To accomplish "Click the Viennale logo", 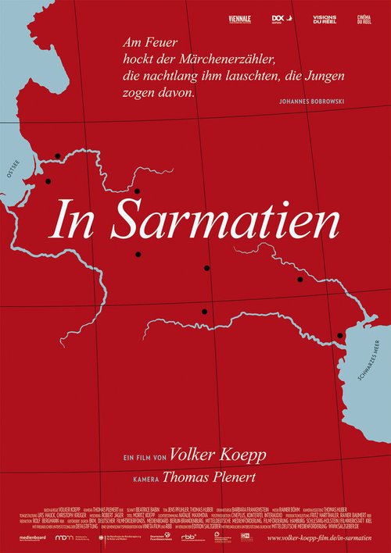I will click(x=241, y=18).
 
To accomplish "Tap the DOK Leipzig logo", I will click(x=278, y=18).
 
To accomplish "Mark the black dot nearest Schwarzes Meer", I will click(x=339, y=336).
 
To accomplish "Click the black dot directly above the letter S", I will click(x=137, y=191).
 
